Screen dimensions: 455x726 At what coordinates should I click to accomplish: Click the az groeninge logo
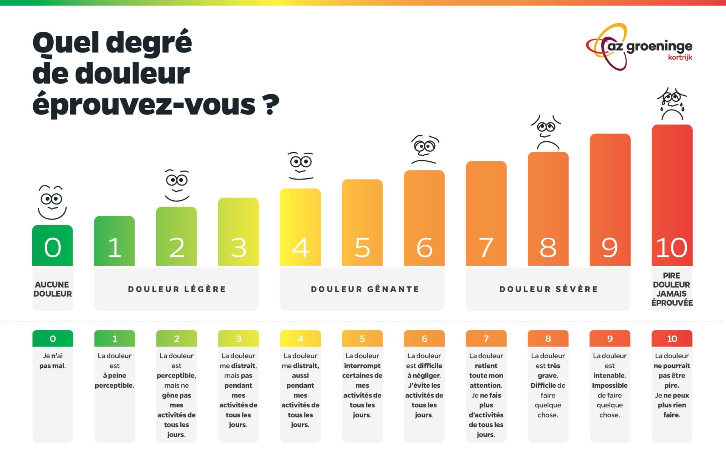coord(639,47)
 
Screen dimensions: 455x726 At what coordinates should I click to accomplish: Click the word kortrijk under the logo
coord(680,57)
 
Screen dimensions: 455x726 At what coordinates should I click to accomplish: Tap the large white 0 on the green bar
coord(53,248)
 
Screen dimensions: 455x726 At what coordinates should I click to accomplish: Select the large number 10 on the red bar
coord(672,248)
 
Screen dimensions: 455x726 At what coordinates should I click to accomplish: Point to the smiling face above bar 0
coord(52,202)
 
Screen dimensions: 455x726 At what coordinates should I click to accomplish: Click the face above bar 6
coord(425,149)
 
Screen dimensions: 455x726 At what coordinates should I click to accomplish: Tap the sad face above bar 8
coord(546,132)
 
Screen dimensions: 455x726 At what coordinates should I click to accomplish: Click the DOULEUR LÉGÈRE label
coord(177,289)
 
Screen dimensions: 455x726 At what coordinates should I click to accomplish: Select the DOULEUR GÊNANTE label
coord(365,289)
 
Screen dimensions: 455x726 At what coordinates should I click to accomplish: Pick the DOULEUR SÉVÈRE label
coord(548,289)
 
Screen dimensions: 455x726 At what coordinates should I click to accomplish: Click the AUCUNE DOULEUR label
coord(53,289)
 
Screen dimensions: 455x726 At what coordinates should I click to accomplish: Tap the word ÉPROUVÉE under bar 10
coord(672,303)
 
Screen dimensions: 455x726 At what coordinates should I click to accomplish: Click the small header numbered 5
coord(362,339)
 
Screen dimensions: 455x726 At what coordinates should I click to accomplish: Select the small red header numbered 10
coord(672,339)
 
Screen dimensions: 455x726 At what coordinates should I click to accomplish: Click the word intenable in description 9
coord(609,376)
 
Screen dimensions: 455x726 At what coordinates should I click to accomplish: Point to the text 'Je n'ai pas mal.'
coord(53,361)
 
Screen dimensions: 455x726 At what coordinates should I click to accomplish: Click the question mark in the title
coord(271,105)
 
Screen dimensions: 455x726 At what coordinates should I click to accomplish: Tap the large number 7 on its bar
coord(486,248)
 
